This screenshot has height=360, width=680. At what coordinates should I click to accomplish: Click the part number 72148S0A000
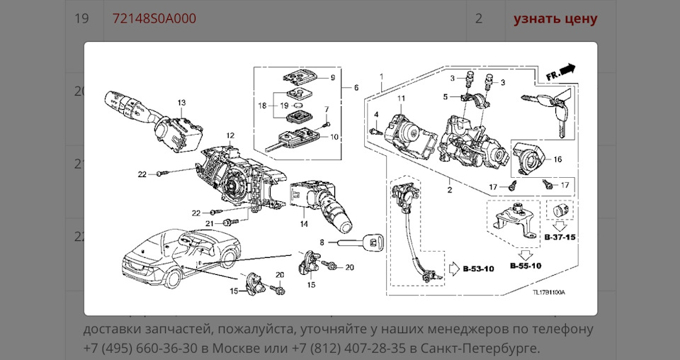(154, 18)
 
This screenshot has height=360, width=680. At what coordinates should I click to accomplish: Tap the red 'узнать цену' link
(555, 18)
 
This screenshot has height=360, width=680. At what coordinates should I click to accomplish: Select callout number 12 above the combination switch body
(230, 135)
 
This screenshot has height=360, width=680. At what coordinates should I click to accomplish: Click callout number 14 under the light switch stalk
(304, 224)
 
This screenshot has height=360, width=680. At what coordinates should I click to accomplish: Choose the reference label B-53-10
(480, 269)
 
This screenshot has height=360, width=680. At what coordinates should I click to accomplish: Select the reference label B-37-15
(560, 237)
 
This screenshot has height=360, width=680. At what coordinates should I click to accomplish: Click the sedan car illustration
(181, 258)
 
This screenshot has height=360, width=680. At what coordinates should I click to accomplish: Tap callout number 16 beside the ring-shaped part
(557, 159)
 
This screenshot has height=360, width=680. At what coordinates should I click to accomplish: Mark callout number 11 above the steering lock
(400, 98)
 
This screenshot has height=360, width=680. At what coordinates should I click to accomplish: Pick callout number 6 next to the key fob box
(356, 87)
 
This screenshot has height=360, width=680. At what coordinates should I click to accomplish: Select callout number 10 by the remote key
(334, 137)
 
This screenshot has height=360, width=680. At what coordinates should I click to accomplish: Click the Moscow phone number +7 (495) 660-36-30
(138, 348)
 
